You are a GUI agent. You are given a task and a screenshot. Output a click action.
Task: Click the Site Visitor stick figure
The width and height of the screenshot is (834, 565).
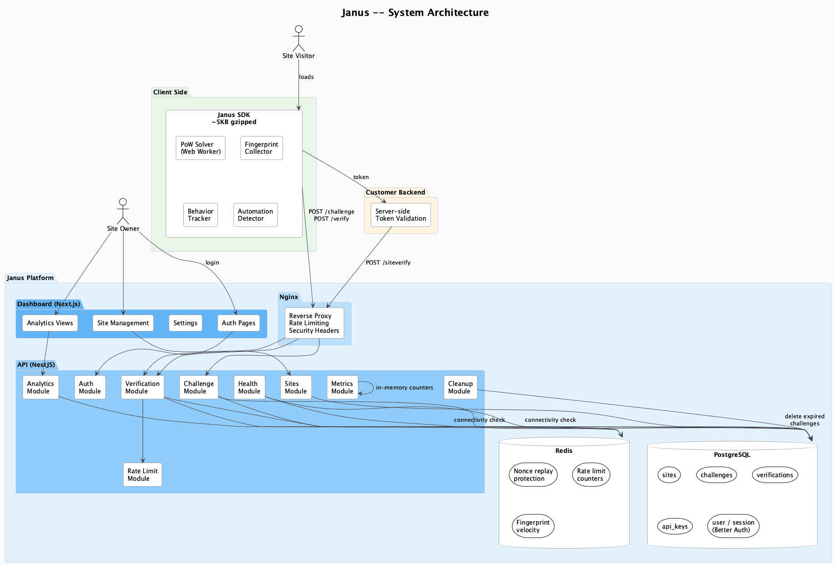[299, 39]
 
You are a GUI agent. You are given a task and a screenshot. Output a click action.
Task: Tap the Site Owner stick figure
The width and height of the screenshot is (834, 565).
[123, 211]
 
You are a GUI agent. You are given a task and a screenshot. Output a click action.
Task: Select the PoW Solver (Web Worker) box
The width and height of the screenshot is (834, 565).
[200, 148]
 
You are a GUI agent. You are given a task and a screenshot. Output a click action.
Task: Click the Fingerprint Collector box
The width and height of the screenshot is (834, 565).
[261, 148]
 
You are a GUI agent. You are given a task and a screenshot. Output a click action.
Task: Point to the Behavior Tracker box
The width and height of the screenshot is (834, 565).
[200, 215]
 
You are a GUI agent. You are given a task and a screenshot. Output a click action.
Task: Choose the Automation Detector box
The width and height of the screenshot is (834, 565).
[255, 215]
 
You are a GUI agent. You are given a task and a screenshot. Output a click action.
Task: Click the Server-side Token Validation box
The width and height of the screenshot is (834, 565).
[400, 215]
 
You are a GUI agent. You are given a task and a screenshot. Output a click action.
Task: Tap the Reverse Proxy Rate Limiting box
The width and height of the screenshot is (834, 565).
[314, 323]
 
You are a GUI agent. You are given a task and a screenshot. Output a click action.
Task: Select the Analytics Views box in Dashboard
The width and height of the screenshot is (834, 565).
[50, 323]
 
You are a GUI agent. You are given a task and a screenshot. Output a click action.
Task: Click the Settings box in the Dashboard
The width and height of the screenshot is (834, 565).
[185, 323]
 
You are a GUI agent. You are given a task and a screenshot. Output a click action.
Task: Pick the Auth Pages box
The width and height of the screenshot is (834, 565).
[238, 323]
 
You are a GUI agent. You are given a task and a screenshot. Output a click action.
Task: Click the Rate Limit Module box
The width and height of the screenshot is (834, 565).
[142, 475]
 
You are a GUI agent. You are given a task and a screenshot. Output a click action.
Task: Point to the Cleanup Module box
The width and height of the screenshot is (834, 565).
[460, 387]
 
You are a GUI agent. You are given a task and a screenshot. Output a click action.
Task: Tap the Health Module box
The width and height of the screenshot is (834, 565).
[249, 387]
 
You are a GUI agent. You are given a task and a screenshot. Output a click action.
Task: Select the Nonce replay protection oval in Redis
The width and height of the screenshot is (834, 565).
[533, 475]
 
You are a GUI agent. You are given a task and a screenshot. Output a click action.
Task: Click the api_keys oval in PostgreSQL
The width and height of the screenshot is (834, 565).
[675, 526]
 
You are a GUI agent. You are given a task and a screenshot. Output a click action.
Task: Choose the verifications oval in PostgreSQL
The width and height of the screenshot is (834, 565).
[775, 475]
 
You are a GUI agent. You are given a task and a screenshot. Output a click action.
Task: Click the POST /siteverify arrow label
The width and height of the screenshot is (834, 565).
[388, 263]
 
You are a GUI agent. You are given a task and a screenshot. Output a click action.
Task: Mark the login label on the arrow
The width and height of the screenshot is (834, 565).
[212, 263]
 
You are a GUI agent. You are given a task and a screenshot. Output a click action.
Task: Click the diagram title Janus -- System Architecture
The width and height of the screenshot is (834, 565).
[415, 12]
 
